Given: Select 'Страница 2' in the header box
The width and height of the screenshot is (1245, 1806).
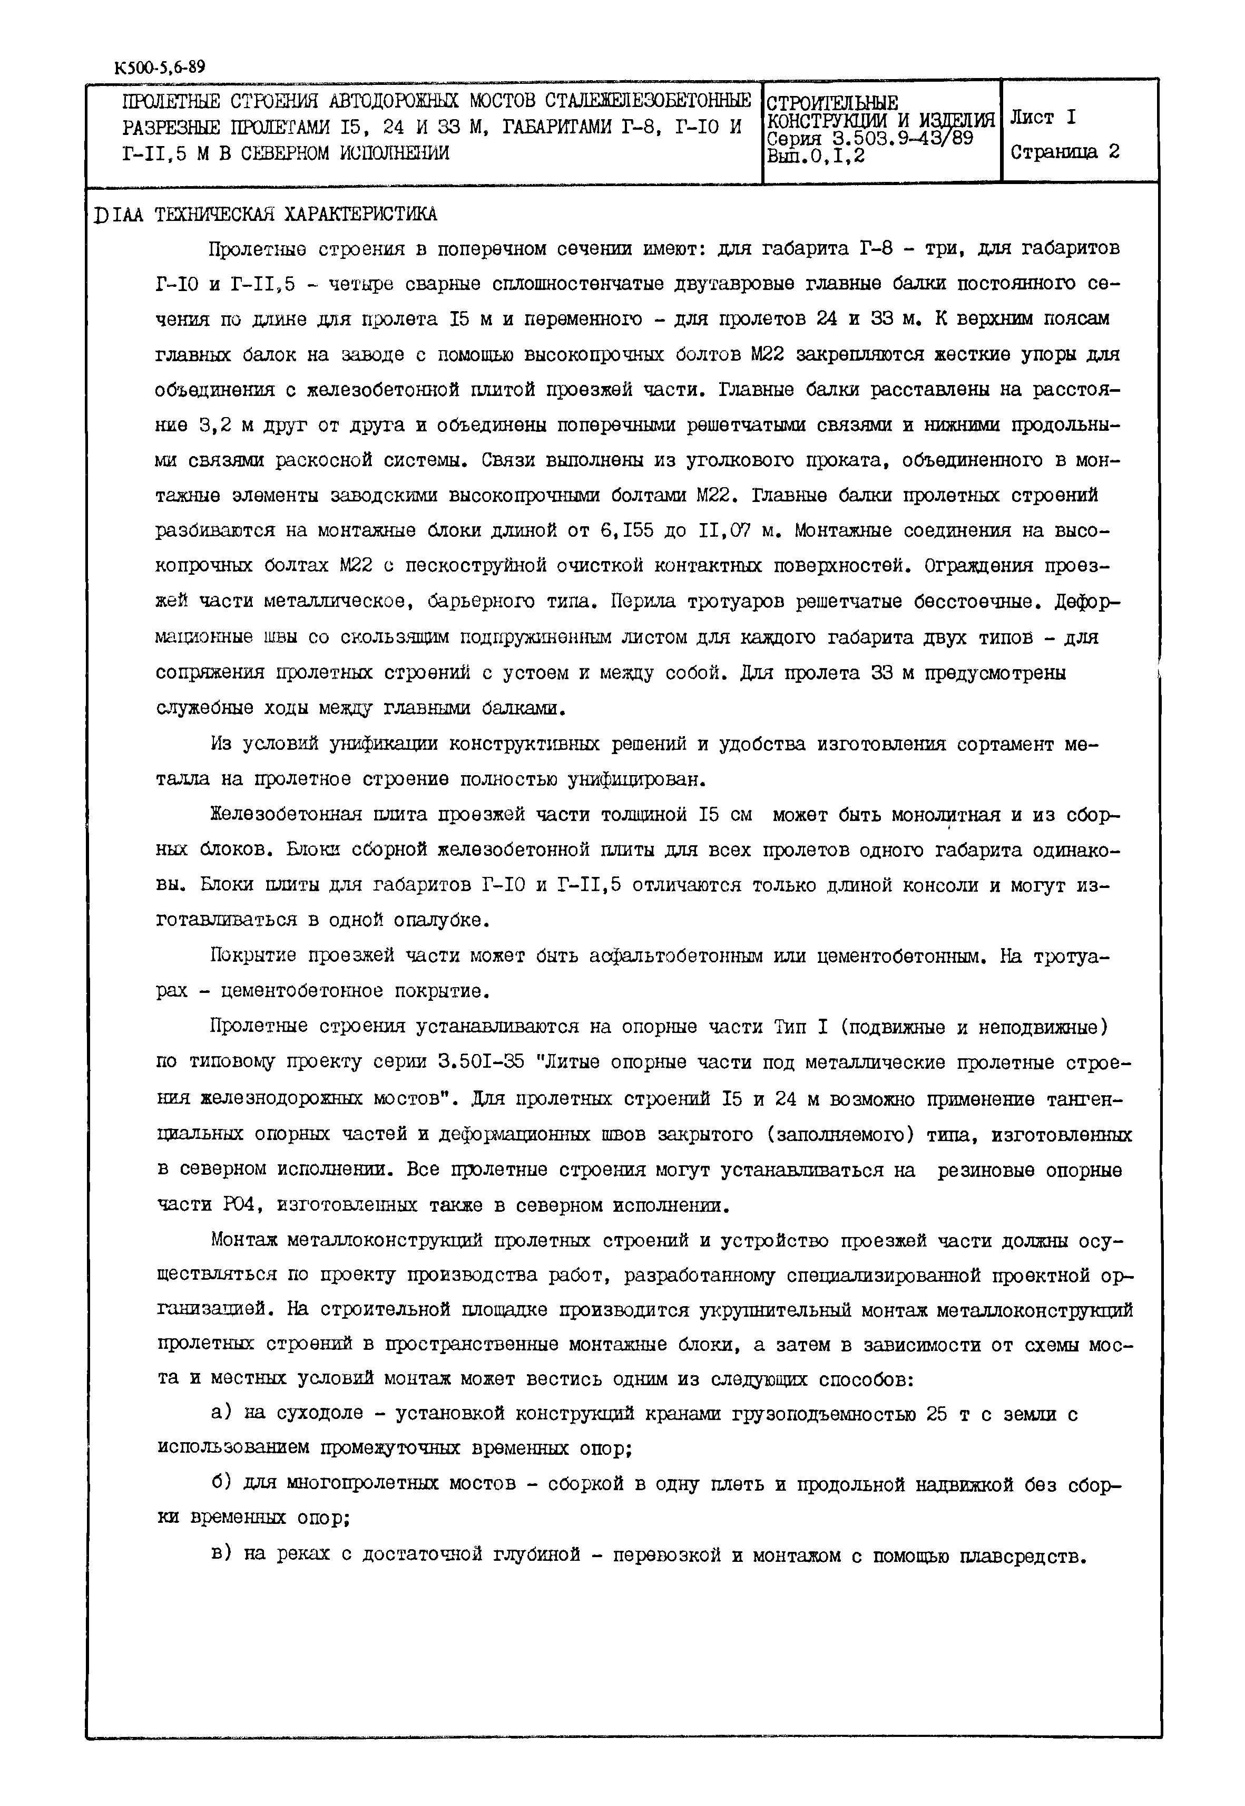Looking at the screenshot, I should (1065, 152).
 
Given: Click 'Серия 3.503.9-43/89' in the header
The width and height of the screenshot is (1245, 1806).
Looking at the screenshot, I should (870, 138).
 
